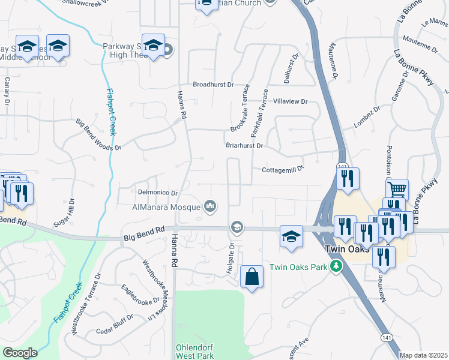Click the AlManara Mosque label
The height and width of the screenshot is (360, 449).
(166, 208)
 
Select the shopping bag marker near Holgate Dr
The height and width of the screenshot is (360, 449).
(252, 277)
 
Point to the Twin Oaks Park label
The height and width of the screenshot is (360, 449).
(300, 267)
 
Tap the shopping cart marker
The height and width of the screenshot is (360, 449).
(397, 190)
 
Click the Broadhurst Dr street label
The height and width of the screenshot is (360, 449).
(213, 85)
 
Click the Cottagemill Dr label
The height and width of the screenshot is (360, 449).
(283, 170)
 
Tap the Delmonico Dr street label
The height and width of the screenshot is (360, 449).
(158, 193)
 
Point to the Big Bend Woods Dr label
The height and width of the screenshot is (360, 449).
(98, 134)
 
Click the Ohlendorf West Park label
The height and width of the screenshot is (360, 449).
(194, 352)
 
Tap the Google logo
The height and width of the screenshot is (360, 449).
(20, 353)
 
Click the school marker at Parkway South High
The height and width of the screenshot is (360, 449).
(154, 47)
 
